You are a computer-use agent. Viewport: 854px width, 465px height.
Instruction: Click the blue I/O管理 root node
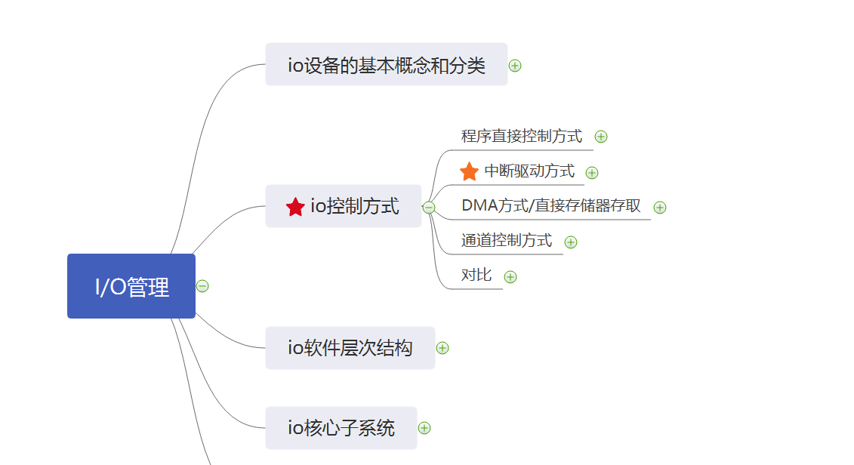tap(131, 286)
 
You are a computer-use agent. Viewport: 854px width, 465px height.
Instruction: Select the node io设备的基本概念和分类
tap(386, 65)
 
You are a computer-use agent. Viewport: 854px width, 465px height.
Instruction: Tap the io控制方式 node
tap(354, 206)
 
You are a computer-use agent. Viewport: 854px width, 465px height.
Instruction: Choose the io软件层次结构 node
tap(350, 348)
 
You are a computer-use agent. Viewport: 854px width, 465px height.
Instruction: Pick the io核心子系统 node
tap(341, 428)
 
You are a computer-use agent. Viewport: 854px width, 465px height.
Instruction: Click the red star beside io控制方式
tap(295, 207)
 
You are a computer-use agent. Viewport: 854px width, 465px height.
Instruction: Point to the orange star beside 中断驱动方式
tap(469, 171)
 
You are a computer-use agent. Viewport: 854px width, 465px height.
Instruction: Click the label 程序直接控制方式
tap(522, 137)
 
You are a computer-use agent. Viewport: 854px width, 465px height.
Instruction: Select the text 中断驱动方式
tap(529, 171)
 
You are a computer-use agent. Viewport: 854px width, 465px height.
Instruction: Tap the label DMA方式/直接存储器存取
tap(551, 206)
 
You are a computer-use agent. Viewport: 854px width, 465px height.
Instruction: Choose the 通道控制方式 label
tap(507, 241)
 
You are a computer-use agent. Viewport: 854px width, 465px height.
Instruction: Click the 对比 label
tap(476, 276)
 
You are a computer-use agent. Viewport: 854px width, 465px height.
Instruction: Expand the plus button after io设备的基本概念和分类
tap(515, 66)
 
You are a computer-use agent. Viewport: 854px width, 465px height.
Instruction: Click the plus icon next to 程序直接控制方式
tap(601, 137)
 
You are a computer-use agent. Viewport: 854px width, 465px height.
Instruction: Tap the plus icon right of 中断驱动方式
tap(592, 173)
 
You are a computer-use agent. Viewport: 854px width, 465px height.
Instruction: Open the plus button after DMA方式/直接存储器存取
tap(660, 208)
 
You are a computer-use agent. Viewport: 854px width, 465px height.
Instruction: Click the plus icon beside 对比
tap(510, 277)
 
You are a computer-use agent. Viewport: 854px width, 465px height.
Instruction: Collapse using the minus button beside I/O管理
tap(202, 286)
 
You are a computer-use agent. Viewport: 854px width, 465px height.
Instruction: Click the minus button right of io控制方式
tap(429, 208)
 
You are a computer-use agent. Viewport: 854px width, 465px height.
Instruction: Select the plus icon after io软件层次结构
tap(442, 348)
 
